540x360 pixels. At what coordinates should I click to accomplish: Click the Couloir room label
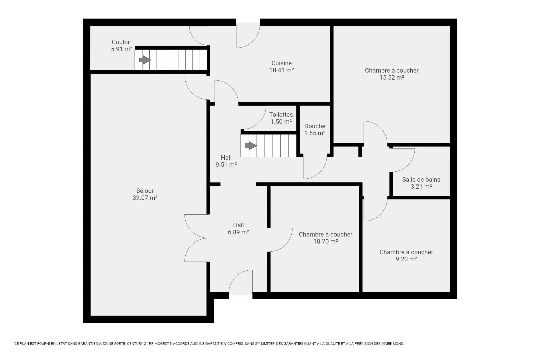[121, 42]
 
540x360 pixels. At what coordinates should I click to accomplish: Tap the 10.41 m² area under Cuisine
[282, 70]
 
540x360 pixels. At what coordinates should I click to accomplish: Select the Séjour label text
[145, 191]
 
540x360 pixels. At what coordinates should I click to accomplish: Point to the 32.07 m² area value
[145, 198]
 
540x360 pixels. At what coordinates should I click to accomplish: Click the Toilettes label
[281, 114]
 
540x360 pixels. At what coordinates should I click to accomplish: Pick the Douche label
[315, 126]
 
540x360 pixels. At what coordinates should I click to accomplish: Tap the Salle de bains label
[421, 179]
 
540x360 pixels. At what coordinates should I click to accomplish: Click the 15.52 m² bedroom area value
[392, 77]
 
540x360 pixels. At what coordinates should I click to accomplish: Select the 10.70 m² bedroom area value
[325, 241]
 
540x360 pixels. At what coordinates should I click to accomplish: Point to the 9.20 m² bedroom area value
[406, 259]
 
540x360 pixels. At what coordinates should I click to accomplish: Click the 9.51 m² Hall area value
[226, 165]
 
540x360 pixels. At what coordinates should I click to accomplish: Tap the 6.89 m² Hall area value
[238, 232]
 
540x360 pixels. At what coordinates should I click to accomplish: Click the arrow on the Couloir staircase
[145, 60]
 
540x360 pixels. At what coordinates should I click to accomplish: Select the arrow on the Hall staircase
[251, 146]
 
